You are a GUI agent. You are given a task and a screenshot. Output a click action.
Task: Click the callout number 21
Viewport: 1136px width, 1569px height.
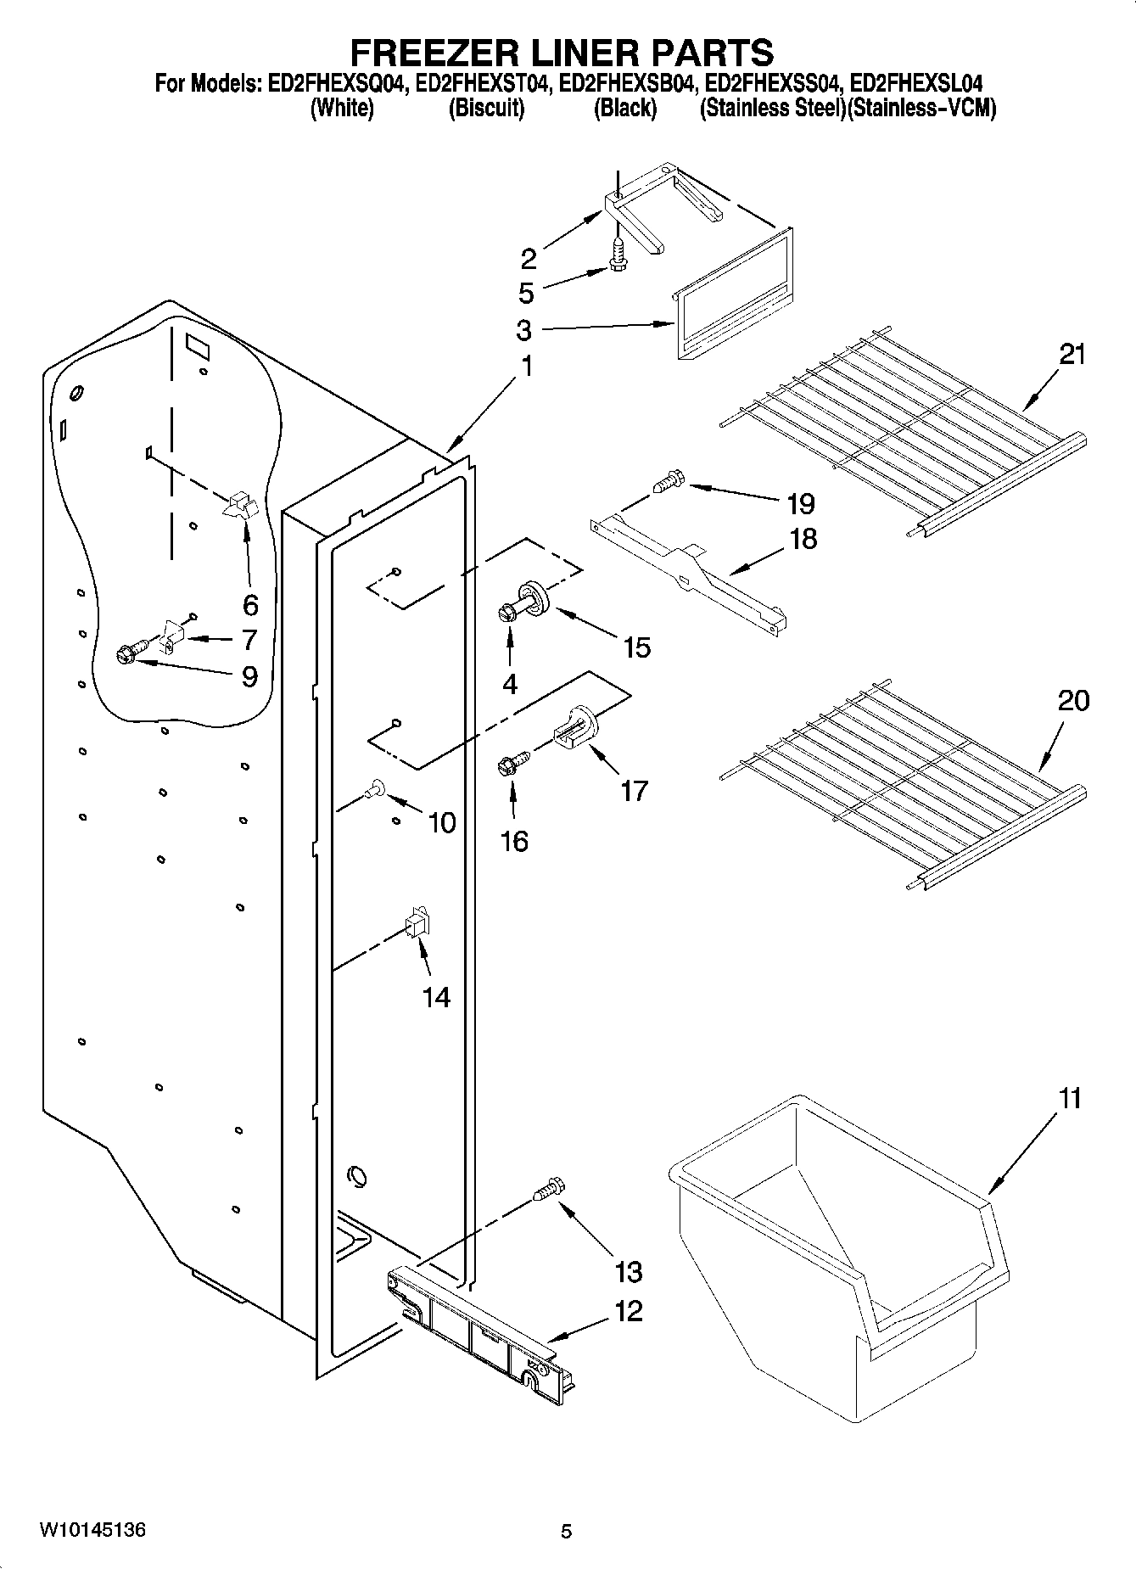(1072, 354)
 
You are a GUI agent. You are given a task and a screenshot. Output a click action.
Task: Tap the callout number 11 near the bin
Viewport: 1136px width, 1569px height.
(1070, 1098)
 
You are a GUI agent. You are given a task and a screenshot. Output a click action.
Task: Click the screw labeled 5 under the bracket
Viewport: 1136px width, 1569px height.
(618, 252)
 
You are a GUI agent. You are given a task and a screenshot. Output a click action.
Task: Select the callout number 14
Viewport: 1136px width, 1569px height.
(436, 997)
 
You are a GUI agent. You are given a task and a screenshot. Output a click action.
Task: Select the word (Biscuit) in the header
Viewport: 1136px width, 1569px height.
(486, 109)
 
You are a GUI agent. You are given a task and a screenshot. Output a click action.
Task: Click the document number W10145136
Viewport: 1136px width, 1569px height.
(92, 1531)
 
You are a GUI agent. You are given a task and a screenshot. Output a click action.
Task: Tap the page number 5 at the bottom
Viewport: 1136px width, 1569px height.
(567, 1532)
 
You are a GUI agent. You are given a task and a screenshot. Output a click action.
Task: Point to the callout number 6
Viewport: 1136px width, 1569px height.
(250, 605)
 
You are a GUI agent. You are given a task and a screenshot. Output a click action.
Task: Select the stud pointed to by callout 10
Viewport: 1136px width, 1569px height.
(374, 789)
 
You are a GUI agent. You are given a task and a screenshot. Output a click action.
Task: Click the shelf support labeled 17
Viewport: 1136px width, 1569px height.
(577, 727)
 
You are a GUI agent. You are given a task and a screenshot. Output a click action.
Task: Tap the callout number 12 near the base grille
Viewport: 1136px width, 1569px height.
(628, 1311)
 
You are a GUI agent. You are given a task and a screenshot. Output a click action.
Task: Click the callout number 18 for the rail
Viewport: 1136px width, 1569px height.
(803, 538)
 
